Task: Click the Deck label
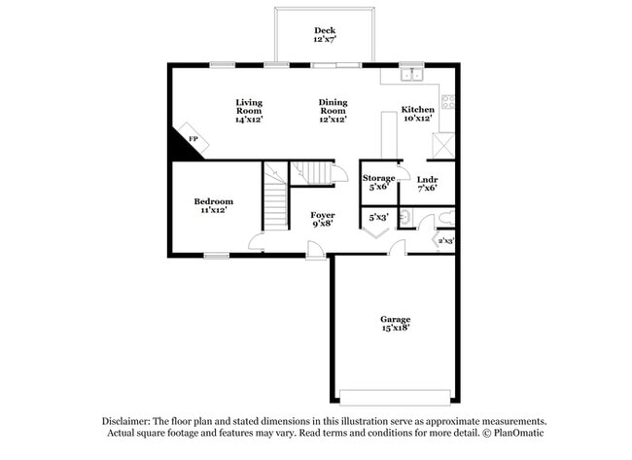pos(324,30)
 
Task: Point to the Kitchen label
pos(418,110)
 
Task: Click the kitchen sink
pos(413,74)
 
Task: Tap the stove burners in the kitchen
pos(447,100)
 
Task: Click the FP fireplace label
pos(193,140)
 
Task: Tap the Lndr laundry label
pos(427,179)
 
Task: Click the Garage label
pos(395,319)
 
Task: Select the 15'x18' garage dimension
pos(395,329)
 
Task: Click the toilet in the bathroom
pos(442,217)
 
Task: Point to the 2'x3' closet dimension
pos(446,240)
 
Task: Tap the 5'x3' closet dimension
pos(378,218)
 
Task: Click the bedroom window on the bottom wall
pos(216,256)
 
